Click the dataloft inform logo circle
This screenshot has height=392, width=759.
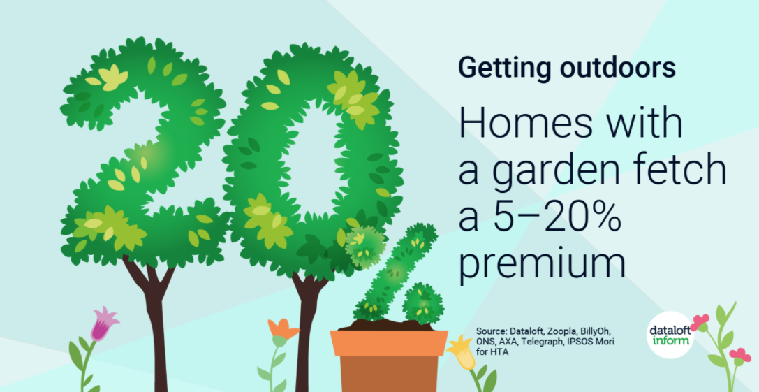pos(670,334)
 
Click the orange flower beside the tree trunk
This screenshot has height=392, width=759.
pos(283,330)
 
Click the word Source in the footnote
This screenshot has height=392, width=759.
pos(490,332)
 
